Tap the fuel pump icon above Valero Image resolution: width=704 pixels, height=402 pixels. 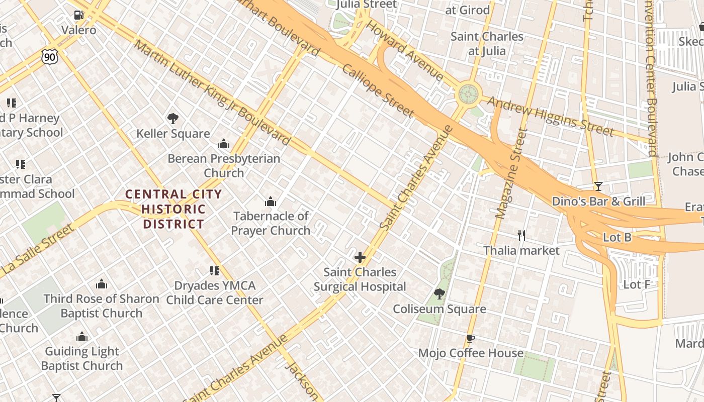pos(78,15)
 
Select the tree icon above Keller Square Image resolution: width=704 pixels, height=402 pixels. pos(173,119)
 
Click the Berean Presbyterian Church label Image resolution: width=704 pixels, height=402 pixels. pos(224,165)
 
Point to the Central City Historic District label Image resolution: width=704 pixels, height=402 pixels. pos(173,209)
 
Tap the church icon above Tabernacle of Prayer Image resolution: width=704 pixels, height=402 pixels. pos(271,202)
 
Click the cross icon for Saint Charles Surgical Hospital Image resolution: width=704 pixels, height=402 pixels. pos(360,257)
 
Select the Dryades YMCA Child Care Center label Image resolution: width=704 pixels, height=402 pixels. pos(215,292)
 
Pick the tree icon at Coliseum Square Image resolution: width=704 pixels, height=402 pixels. pos(439,294)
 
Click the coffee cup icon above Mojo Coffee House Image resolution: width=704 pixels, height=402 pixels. pos(471,338)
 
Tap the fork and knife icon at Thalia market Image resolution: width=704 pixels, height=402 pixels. pos(521,235)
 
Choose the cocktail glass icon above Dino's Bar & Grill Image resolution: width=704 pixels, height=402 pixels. pos(598,186)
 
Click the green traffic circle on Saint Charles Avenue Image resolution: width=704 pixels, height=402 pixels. pos(468,94)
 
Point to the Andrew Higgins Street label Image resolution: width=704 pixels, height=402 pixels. pos(550,117)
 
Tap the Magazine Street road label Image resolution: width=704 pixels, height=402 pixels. pos(510,174)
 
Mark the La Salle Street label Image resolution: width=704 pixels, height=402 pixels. pos(38,249)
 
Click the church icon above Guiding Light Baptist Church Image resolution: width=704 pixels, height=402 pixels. pos(81,337)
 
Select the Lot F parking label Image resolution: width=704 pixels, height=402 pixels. pos(637,284)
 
